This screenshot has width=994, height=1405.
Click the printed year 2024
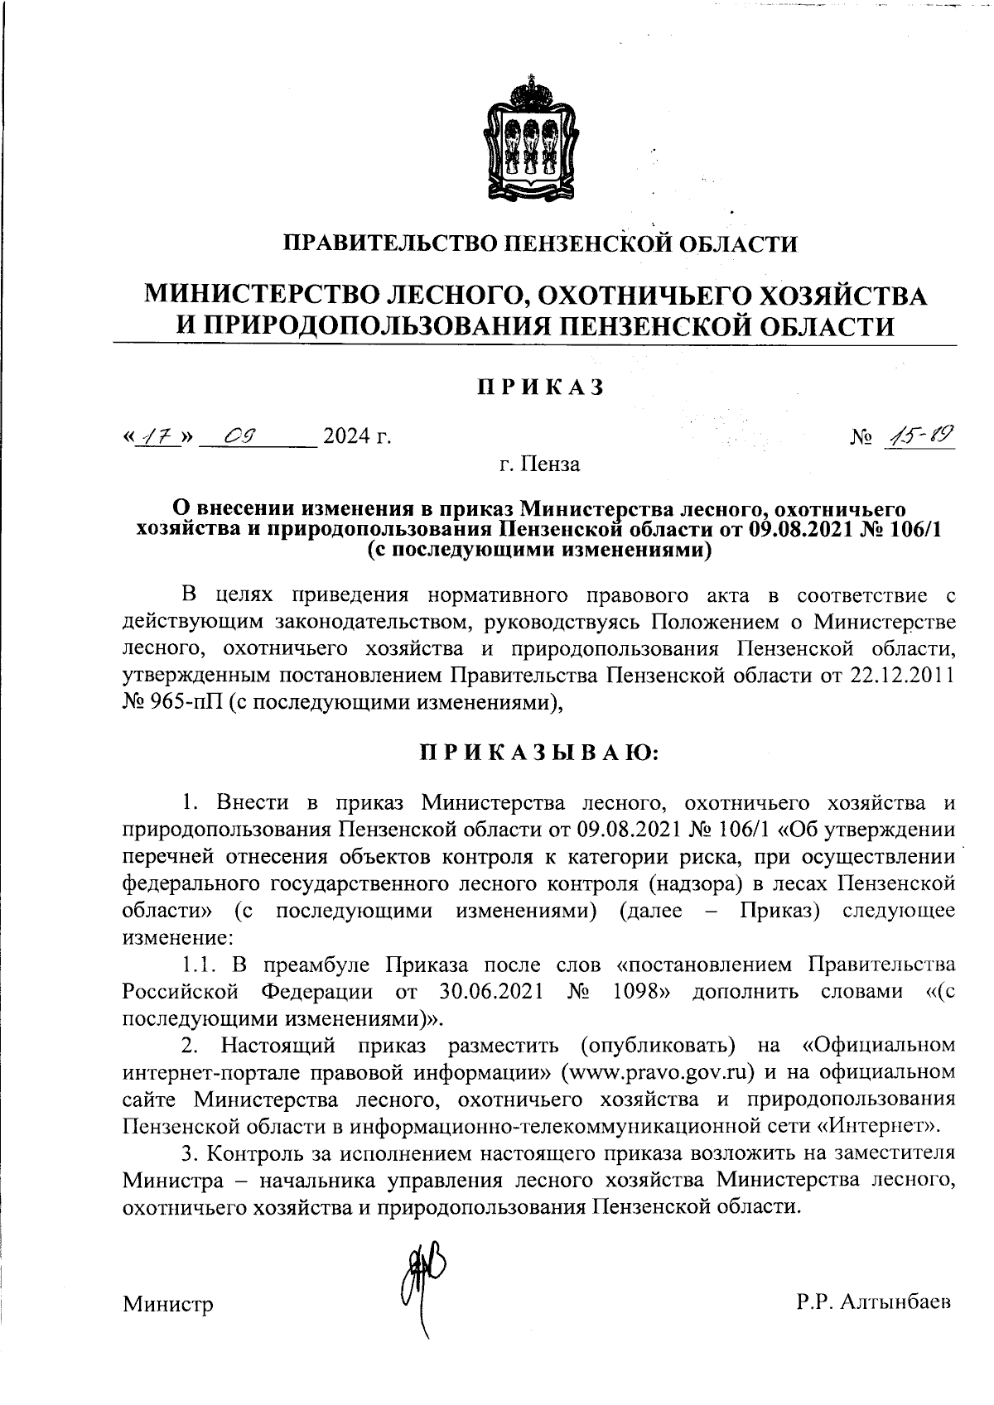347,435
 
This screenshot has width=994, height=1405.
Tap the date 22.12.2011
901,675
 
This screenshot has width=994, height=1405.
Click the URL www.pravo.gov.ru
659,1071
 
